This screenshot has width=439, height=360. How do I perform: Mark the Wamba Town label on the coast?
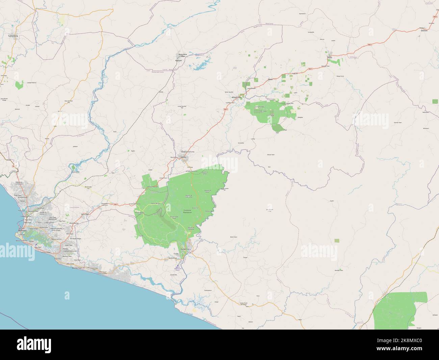pyautogui.click(x=77, y=268)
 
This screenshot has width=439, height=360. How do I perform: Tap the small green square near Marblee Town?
pyautogui.click(x=337, y=240)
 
